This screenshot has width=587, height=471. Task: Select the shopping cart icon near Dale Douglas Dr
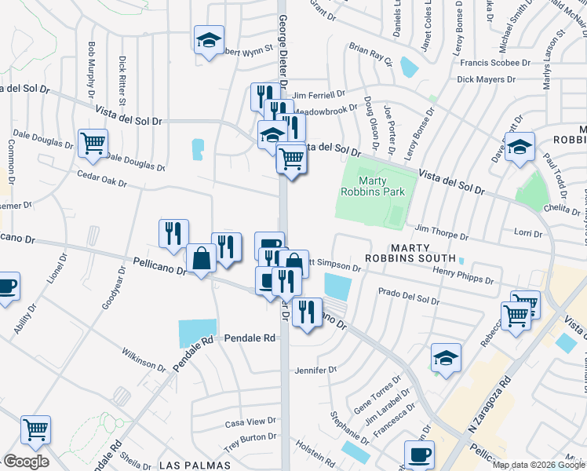point(93,144)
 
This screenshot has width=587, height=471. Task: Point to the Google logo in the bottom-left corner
point(26,461)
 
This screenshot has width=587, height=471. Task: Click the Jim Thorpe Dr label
point(441,230)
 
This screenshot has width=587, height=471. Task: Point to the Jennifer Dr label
point(315,369)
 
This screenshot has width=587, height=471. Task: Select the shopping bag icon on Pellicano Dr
point(201,258)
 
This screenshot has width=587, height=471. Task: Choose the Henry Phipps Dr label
point(463,274)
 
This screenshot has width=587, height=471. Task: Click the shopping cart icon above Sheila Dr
point(35,429)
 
